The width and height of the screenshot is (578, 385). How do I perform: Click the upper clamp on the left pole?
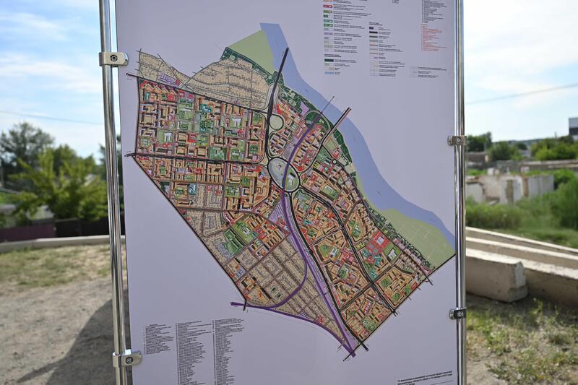point(113,59)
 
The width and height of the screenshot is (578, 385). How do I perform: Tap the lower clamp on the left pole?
point(126,358)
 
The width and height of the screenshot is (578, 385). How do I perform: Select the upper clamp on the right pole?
point(456,140)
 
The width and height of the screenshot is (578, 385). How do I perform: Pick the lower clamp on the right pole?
point(457,313)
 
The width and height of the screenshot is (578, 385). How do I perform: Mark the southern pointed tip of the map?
point(353,354)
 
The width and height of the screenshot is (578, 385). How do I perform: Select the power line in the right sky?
point(520,94)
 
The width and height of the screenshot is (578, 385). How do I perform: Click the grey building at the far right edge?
point(573,127)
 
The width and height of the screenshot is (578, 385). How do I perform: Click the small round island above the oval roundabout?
point(276,123)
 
